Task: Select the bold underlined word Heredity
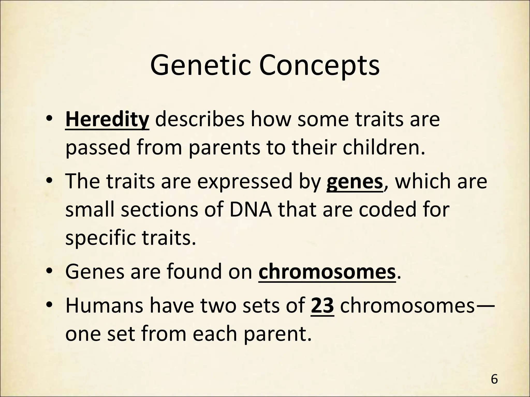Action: pos(107,120)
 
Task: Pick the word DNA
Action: pos(251,210)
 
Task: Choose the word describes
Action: pos(200,120)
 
